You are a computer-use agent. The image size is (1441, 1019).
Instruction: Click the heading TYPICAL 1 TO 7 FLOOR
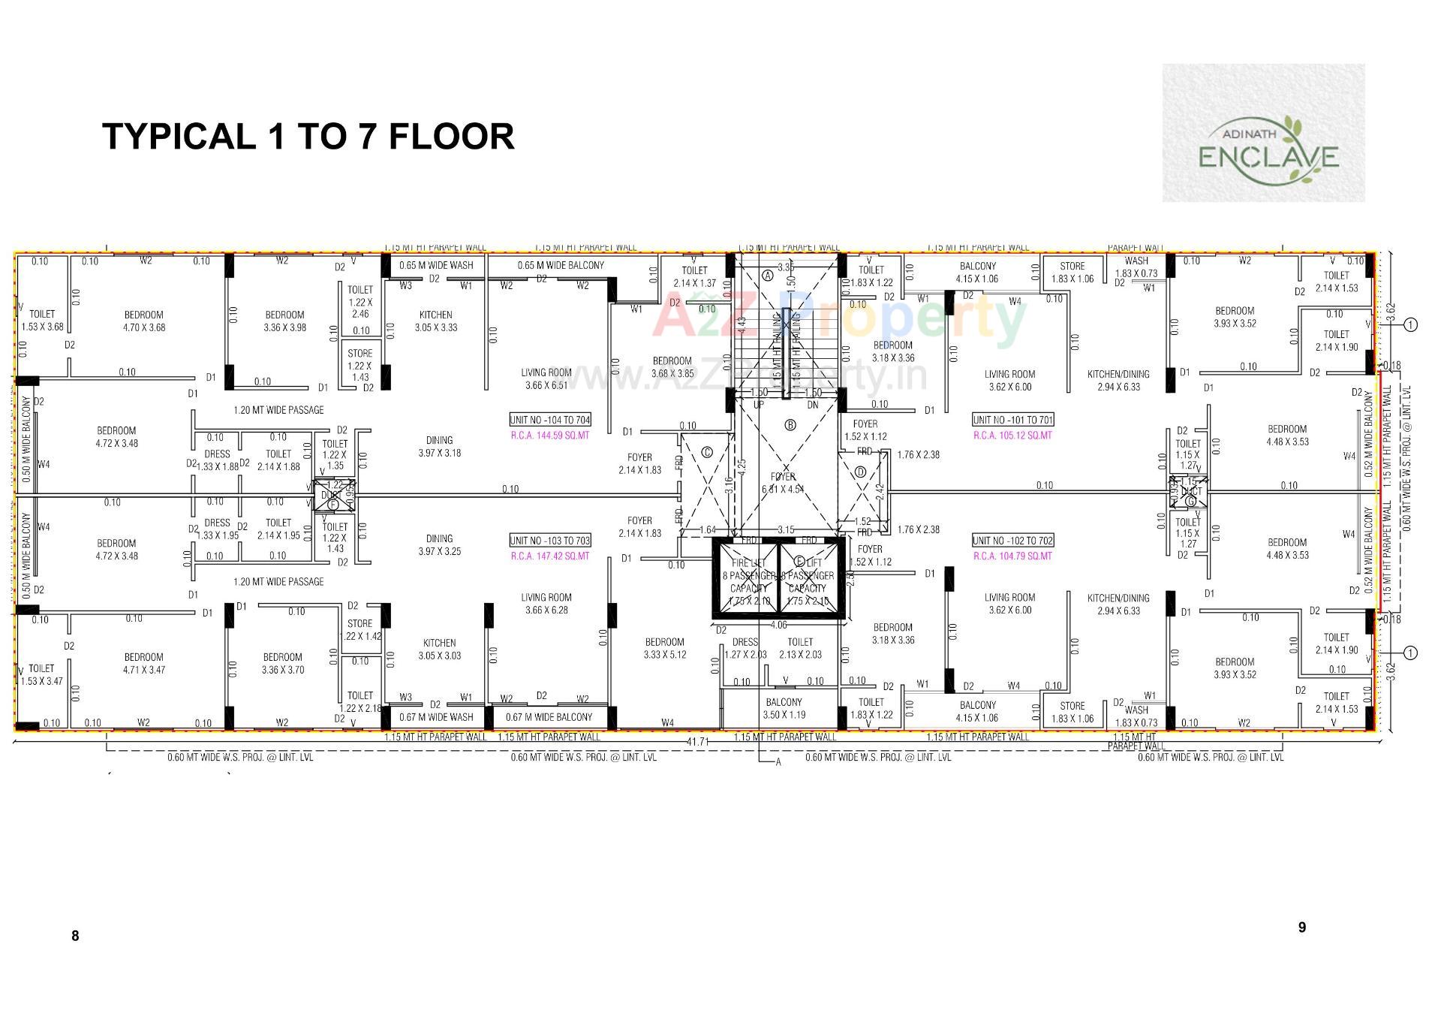[x=308, y=137]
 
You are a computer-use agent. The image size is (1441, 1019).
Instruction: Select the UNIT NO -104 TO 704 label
[x=550, y=420]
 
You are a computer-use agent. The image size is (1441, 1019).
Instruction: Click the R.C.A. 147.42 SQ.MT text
[x=550, y=556]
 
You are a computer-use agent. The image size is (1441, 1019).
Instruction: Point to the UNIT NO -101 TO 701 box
[x=1012, y=420]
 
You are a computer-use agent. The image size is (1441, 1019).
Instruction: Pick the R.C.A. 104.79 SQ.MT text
[x=1012, y=556]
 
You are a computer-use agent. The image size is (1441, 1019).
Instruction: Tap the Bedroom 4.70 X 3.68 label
[x=143, y=321]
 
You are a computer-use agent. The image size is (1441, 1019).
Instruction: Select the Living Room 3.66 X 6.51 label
[x=546, y=378]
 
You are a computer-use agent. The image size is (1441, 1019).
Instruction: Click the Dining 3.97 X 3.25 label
[x=439, y=545]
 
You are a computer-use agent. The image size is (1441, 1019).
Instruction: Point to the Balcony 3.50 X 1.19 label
[x=784, y=709]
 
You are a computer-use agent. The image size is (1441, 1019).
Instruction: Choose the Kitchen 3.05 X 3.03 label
[x=439, y=649]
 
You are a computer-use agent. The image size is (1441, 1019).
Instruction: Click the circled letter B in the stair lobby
[x=790, y=425]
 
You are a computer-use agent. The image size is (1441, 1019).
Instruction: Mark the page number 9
[x=1302, y=927]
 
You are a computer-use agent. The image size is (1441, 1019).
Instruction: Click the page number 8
[x=75, y=936]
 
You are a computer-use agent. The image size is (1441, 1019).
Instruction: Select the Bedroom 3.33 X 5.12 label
[x=664, y=648]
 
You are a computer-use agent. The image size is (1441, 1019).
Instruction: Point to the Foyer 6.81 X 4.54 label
[x=783, y=483]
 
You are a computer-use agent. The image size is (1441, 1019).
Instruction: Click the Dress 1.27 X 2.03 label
[x=745, y=648]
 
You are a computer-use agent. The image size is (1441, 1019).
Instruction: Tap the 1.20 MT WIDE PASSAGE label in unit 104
[x=278, y=410]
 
